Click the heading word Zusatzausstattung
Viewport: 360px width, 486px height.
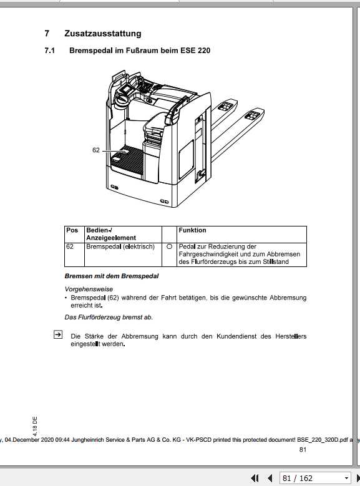(102, 34)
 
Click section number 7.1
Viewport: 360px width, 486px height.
(50, 50)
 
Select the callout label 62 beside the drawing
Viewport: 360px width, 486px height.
(96, 150)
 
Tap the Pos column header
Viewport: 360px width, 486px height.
(72, 230)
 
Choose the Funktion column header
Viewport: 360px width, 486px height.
(192, 230)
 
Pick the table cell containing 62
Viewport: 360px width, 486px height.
(70, 246)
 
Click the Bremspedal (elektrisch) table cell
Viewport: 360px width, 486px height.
(120, 246)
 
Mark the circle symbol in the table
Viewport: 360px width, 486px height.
(169, 246)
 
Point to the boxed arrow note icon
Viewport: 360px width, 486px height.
(57, 335)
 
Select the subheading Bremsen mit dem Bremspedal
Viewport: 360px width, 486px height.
(112, 276)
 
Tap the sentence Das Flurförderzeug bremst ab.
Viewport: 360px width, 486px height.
(109, 317)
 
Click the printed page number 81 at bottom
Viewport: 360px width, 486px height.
(303, 450)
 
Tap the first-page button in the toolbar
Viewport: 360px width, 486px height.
(255, 479)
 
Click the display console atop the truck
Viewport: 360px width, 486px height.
(125, 92)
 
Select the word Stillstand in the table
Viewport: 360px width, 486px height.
(285, 262)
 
